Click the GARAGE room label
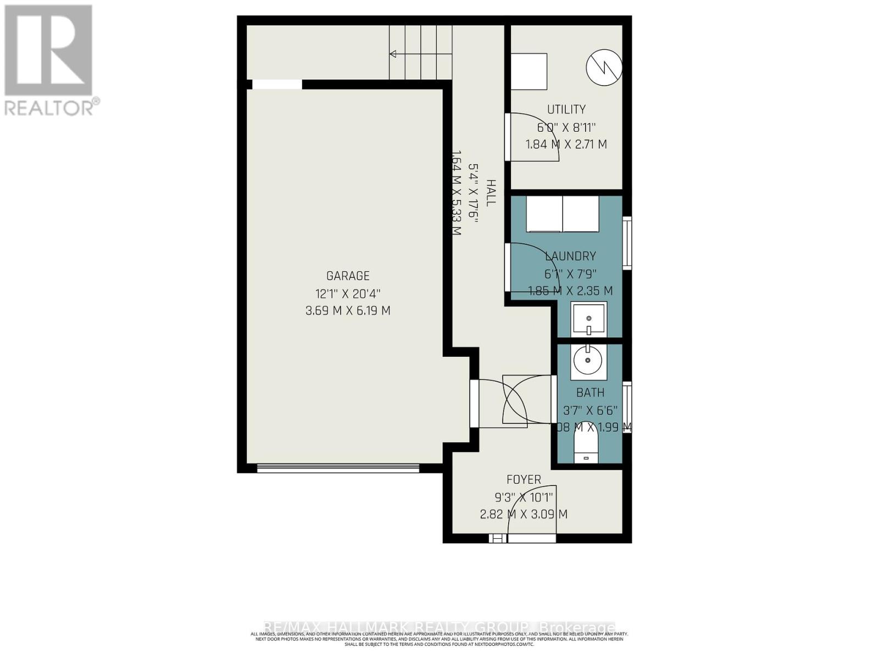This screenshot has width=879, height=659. [x=348, y=276]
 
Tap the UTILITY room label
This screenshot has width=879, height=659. [x=566, y=109]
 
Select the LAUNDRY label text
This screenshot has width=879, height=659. [x=570, y=256]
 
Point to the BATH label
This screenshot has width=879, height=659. [x=590, y=393]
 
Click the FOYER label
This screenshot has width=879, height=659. [x=524, y=479]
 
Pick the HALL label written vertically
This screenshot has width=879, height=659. [x=490, y=193]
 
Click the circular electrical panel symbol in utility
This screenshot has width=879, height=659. [x=604, y=68]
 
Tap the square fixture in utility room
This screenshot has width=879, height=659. [x=528, y=71]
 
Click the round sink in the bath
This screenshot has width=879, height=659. [x=588, y=361]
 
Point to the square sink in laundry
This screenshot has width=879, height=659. [x=588, y=319]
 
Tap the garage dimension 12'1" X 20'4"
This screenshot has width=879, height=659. [x=348, y=293]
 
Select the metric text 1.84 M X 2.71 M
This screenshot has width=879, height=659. [x=566, y=144]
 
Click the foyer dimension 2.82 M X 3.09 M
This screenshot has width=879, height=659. [x=524, y=515]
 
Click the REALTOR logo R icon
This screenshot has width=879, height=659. [x=48, y=51]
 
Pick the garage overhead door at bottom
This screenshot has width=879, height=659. [x=338, y=468]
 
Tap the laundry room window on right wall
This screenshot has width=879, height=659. [x=626, y=243]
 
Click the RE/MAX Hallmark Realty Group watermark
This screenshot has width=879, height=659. [x=439, y=627]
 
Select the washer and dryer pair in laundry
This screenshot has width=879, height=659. [x=563, y=214]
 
